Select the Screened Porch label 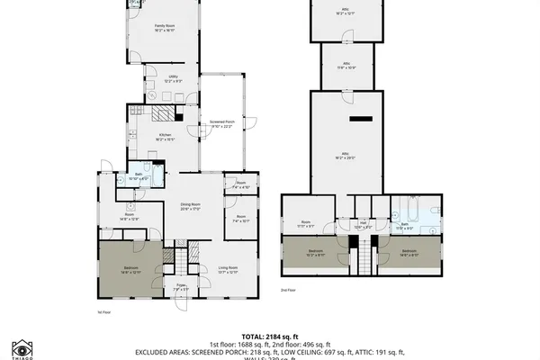(x=221, y=125)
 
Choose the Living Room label (x=228, y=269)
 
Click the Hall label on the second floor (x=364, y=225)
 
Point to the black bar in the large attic (x=361, y=119)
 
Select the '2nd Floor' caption (x=288, y=291)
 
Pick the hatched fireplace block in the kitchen (x=160, y=114)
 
